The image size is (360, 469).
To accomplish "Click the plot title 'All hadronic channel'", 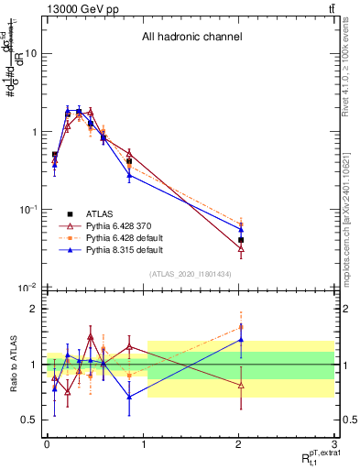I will pyautogui.click(x=191, y=38).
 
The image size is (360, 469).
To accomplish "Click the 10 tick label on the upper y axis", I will pyautogui.click(x=30, y=53).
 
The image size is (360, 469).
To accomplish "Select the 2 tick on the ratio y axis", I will pyautogui.click(x=33, y=309).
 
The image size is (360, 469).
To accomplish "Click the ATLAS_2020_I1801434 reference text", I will pyautogui.click(x=191, y=275).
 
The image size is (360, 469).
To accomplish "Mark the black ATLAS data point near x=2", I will pyautogui.click(x=241, y=240).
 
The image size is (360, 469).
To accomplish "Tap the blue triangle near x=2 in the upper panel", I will pyautogui.click(x=241, y=230).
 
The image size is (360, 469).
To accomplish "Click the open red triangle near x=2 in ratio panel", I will pyautogui.click(x=241, y=385).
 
